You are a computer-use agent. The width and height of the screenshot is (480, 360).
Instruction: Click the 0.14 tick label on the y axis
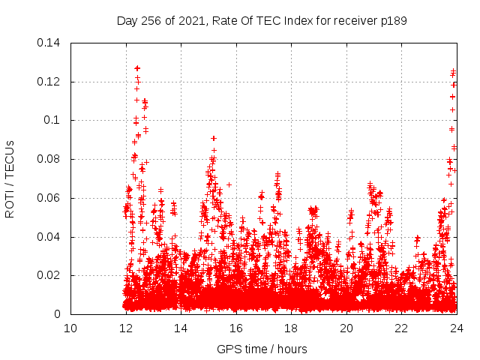tap(50, 43)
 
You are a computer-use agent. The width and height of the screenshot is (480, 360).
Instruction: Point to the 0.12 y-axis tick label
tap(50, 82)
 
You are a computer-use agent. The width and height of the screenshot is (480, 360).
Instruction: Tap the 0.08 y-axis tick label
tap(50, 159)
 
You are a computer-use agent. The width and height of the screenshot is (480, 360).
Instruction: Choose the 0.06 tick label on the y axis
tap(50, 198)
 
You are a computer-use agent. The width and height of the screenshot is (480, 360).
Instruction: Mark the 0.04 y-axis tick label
tap(50, 237)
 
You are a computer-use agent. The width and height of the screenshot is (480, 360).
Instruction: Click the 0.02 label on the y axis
tap(50, 275)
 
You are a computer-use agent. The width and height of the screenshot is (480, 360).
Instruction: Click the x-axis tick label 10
tap(70, 328)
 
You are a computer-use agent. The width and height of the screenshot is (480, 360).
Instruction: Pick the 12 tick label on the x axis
tap(126, 328)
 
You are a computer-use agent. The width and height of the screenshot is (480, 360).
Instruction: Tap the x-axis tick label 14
tap(181, 328)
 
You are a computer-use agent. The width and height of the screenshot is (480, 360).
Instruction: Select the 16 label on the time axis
tap(236, 328)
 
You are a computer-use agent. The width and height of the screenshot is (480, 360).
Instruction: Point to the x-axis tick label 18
tap(291, 328)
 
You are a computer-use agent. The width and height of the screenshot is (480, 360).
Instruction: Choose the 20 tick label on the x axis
tap(346, 328)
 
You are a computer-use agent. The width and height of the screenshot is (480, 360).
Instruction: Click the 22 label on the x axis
tap(401, 328)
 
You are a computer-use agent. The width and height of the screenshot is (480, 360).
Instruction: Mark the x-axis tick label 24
tap(457, 328)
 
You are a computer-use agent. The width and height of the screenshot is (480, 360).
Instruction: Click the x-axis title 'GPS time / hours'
tap(262, 349)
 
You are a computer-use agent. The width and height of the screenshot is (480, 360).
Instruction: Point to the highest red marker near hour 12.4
tap(137, 68)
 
